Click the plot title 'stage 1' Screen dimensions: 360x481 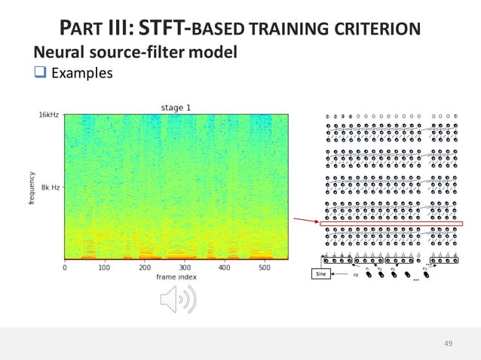coord(176,108)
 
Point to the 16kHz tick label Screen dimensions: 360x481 coord(50,114)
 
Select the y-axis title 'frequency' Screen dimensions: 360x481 coord(33,187)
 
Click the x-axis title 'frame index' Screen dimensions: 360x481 coord(176,276)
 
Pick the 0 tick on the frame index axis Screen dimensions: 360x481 coord(64,267)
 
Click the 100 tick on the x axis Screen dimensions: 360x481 coord(104,267)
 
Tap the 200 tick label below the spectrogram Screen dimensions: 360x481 coord(144,267)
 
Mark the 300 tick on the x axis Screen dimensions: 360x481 coord(184,267)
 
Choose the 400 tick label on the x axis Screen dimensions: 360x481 coord(224,267)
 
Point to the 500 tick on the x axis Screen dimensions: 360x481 coord(264,267)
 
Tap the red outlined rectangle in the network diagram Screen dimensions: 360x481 coord(391,224)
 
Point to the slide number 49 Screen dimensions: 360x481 coord(449,343)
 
